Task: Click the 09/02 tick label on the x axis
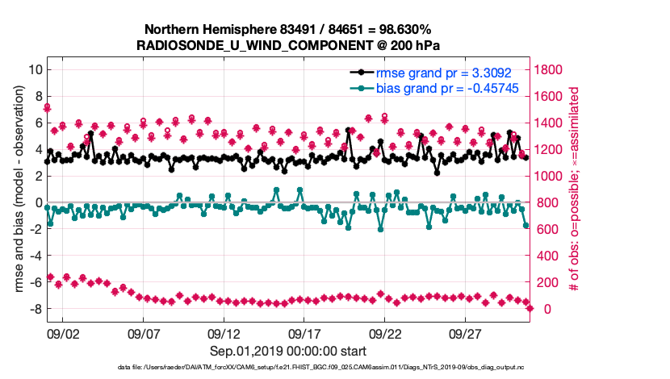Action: (x=62, y=333)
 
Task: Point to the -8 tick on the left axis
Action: (x=34, y=309)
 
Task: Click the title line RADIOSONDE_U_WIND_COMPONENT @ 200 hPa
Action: (x=289, y=45)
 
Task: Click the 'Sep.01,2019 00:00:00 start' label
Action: (x=288, y=351)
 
